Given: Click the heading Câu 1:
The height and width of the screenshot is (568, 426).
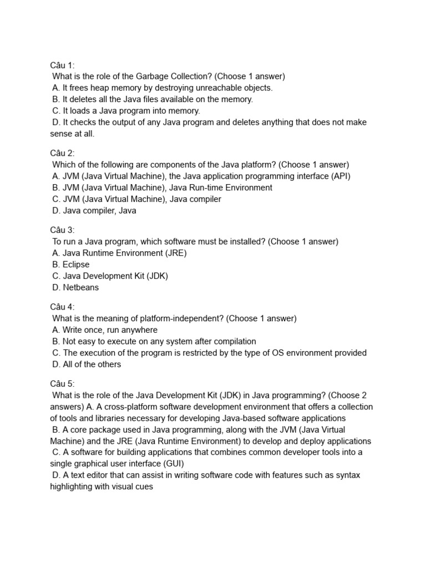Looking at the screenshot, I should (x=62, y=65).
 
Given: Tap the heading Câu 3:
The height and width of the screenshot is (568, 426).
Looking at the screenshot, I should (x=62, y=230).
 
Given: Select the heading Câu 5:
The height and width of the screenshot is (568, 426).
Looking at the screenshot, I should (x=62, y=383).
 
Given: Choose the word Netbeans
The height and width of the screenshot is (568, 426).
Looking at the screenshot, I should (x=81, y=287).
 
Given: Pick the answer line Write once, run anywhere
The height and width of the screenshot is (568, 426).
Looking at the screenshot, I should (x=105, y=330).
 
